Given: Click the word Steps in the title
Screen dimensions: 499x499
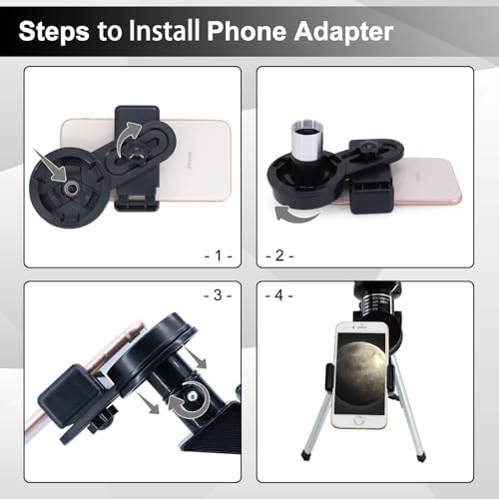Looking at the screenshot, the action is click(54, 31).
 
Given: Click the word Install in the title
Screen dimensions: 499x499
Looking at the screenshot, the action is click(164, 31).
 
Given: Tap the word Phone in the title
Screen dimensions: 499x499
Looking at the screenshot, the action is click(247, 31).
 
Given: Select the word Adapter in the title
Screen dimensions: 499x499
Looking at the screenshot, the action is click(344, 32).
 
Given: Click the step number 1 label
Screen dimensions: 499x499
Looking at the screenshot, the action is click(218, 256).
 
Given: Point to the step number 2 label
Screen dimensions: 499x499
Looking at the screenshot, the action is click(279, 256).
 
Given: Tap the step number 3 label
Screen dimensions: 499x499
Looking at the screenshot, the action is click(218, 295).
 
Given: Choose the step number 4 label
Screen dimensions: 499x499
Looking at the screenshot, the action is click(279, 295).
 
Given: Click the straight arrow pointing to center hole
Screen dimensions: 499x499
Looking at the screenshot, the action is click(51, 166).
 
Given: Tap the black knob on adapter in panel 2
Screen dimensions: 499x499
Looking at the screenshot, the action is click(368, 147).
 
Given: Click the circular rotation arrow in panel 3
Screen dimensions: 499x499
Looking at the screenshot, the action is click(189, 400).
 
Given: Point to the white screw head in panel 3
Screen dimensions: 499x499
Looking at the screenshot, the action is click(193, 396).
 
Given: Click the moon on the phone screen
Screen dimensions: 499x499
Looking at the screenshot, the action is click(360, 368).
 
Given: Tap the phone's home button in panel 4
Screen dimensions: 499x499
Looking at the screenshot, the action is click(359, 420).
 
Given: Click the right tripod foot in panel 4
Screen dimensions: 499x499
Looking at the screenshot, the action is click(421, 456).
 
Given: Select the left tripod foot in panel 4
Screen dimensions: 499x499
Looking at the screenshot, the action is click(305, 455).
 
